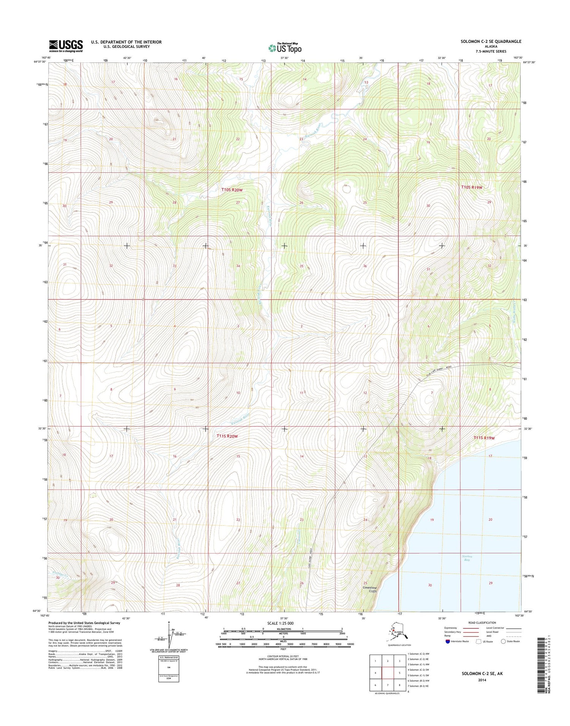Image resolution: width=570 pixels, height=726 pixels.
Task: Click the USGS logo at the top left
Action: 65,46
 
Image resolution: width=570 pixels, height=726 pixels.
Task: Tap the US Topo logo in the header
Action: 285,48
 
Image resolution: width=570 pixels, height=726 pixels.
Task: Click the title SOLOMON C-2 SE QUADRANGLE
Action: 491,41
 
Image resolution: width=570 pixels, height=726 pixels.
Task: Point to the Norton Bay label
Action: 467,558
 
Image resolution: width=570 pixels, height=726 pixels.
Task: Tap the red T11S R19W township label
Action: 484,438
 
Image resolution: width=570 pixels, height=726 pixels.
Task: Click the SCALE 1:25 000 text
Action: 280,623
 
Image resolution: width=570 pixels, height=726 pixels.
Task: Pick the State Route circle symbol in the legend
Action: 503,641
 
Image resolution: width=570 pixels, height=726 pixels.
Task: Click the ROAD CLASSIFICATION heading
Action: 482,623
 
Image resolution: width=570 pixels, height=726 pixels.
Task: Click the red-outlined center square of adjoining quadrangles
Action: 388,673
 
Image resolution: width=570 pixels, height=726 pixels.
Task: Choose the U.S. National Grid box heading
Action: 168,657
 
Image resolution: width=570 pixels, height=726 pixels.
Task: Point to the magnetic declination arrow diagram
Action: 169,635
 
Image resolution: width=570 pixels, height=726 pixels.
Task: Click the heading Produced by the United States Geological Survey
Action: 84,623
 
